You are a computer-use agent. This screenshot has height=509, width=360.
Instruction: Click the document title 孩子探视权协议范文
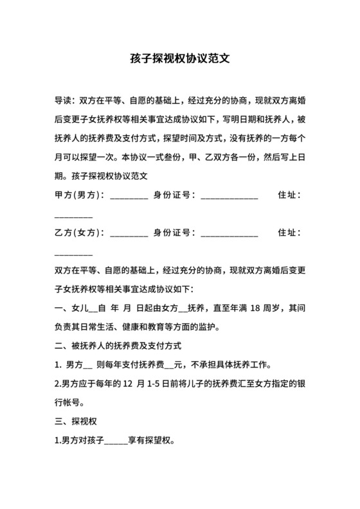(x=179, y=58)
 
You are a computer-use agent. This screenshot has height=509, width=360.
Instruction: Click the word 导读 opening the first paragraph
(x=64, y=101)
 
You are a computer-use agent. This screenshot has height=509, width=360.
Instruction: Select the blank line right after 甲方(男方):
(x=129, y=197)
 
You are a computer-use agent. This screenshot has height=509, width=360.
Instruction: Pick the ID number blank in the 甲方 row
(x=230, y=197)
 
